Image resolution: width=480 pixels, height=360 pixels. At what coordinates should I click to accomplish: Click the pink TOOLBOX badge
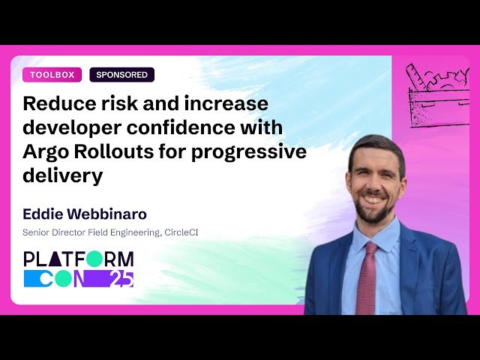point(52,75)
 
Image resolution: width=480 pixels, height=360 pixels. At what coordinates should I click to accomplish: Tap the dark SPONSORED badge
point(121,75)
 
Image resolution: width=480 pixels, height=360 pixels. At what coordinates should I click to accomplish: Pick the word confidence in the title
point(190,127)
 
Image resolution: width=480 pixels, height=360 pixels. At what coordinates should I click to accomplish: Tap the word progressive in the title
point(249,152)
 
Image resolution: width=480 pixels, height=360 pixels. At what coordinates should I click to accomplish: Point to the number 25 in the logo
point(120,279)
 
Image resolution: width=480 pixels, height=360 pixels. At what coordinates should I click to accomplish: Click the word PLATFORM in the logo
point(79,260)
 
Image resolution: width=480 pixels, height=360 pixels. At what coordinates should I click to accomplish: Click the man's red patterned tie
point(367,277)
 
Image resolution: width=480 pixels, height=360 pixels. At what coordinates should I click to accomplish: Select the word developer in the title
point(69,127)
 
